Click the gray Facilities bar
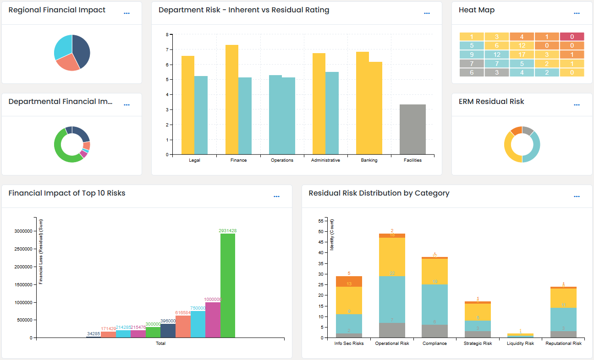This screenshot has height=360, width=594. click(412, 130)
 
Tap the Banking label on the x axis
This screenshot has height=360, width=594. click(369, 160)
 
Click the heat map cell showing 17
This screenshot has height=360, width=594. click(522, 54)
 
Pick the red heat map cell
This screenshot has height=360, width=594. click(572, 37)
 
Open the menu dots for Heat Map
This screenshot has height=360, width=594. click(577, 13)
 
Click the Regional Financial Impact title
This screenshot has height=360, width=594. click(57, 10)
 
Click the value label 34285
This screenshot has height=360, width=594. click(93, 334)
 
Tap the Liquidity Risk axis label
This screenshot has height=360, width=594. click(520, 344)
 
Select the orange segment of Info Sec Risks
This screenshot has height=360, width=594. click(349, 281)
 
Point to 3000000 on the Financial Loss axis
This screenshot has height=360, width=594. click(23, 231)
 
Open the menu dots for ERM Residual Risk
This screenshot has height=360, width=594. click(577, 105)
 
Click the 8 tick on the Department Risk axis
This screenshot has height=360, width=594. click(167, 34)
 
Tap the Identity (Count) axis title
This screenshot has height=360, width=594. click(332, 234)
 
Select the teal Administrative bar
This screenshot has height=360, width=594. click(332, 113)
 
